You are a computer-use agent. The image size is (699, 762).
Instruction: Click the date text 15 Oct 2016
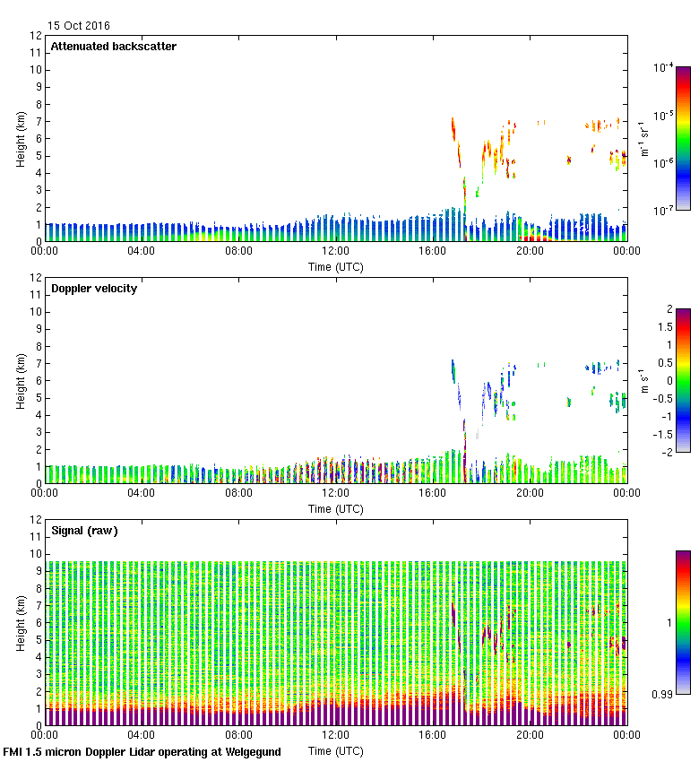tap(79, 25)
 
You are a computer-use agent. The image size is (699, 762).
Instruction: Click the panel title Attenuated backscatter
tap(113, 47)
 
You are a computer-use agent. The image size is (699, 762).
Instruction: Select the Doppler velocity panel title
tap(93, 289)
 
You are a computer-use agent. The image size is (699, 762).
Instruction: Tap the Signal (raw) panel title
tap(83, 531)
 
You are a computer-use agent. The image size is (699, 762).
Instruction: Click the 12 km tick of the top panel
tap(37, 36)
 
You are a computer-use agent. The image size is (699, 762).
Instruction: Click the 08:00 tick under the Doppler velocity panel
tap(238, 492)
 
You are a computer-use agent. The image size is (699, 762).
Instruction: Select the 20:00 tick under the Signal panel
tap(530, 734)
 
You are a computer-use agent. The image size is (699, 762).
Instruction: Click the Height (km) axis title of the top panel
tap(21, 139)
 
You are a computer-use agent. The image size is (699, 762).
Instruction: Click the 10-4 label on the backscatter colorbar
tap(664, 67)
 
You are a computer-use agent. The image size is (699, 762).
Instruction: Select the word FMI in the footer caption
tap(14, 752)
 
